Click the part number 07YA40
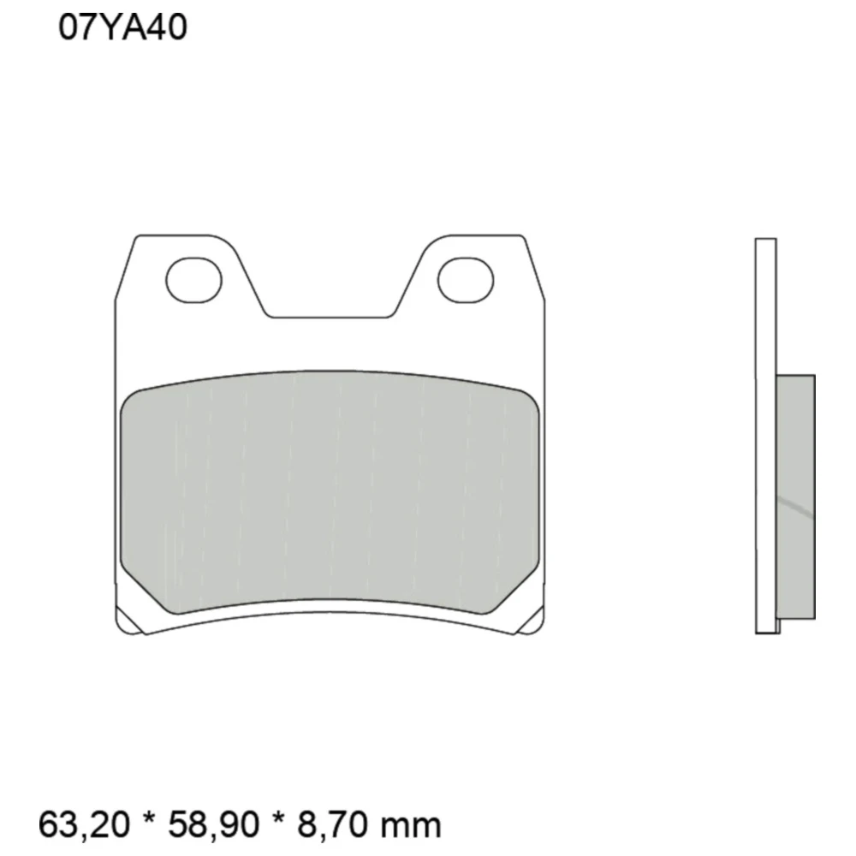pos(122,27)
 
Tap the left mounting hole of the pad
pos(193,280)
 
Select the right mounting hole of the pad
pos(466,280)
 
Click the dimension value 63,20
pos(85,824)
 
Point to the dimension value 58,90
pos(213,824)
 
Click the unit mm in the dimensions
pos(411,827)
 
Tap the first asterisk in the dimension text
pos(148,818)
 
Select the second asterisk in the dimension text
pos(278,818)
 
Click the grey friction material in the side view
pos(795,496)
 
